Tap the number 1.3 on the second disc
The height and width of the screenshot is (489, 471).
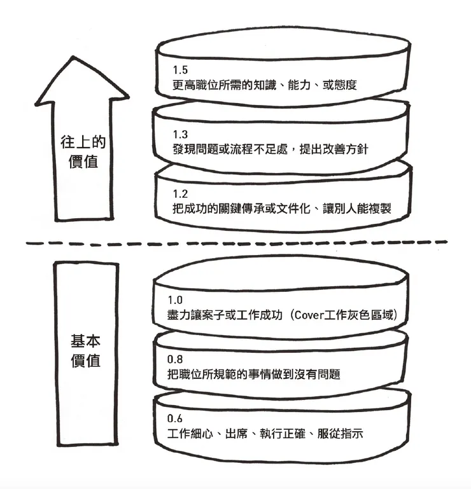point(180,135)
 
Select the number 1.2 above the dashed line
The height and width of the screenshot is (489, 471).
point(180,193)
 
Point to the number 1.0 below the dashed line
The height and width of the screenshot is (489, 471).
point(174,300)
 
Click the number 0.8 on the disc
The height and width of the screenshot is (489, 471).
point(174,359)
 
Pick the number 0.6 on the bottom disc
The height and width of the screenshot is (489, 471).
point(174,419)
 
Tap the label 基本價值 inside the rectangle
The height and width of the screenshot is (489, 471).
point(85,350)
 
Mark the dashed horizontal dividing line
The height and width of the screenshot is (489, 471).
point(236,243)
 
